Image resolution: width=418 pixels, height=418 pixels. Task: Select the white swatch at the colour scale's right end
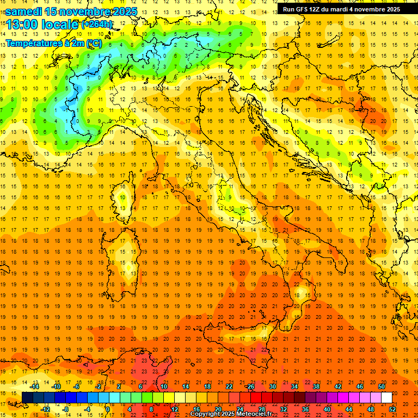[386, 397]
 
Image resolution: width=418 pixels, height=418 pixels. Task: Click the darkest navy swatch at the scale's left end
[27, 397]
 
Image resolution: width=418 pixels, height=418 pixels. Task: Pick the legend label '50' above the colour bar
[381, 386]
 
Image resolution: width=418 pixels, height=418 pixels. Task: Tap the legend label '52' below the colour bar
[392, 409]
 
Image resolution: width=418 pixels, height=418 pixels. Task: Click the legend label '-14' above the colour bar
[34, 386]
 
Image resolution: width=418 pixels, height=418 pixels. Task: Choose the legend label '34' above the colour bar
[294, 386]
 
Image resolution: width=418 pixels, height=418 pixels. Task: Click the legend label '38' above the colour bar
[316, 386]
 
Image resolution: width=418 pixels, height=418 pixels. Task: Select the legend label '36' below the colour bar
[305, 409]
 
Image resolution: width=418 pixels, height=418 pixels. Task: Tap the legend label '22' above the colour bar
[229, 386]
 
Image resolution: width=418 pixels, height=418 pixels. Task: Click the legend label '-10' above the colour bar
[56, 386]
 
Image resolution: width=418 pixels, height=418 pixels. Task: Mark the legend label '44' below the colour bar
[348, 409]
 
